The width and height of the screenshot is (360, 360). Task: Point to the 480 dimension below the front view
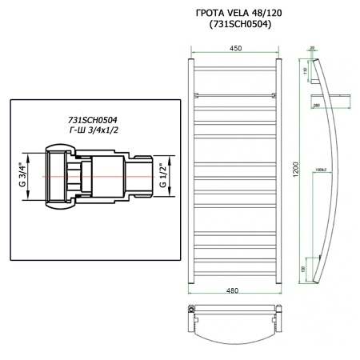(234, 290)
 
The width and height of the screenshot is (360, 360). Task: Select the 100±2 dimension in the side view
(322, 170)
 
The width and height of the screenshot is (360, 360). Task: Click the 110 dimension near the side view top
(306, 71)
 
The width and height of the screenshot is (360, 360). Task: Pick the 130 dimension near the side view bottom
(304, 269)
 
